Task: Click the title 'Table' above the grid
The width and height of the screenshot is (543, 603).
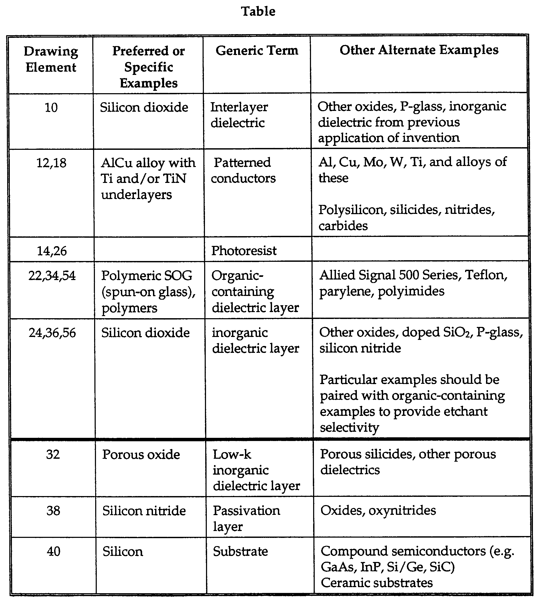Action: tap(258, 12)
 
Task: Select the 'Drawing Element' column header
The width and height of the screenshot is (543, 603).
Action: tap(51, 59)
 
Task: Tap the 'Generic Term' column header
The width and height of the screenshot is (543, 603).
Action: tap(257, 51)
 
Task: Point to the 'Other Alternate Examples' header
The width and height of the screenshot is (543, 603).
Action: tap(419, 50)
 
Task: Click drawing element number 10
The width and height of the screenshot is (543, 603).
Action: tap(51, 107)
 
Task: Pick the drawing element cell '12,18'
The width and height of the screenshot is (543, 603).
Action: tap(51, 163)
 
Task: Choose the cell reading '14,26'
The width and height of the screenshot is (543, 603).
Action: tap(52, 251)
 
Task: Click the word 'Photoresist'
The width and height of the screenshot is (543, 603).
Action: tap(244, 251)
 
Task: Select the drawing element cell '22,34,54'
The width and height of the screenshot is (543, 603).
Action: tap(52, 276)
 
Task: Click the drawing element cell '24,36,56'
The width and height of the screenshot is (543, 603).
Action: tap(52, 333)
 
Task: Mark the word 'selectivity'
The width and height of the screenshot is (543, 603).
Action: tap(349, 427)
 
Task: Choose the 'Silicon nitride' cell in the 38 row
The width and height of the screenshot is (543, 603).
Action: tap(144, 511)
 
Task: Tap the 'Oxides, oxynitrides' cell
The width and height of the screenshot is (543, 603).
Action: tap(378, 511)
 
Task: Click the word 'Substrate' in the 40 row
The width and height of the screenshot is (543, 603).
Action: tap(240, 551)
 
